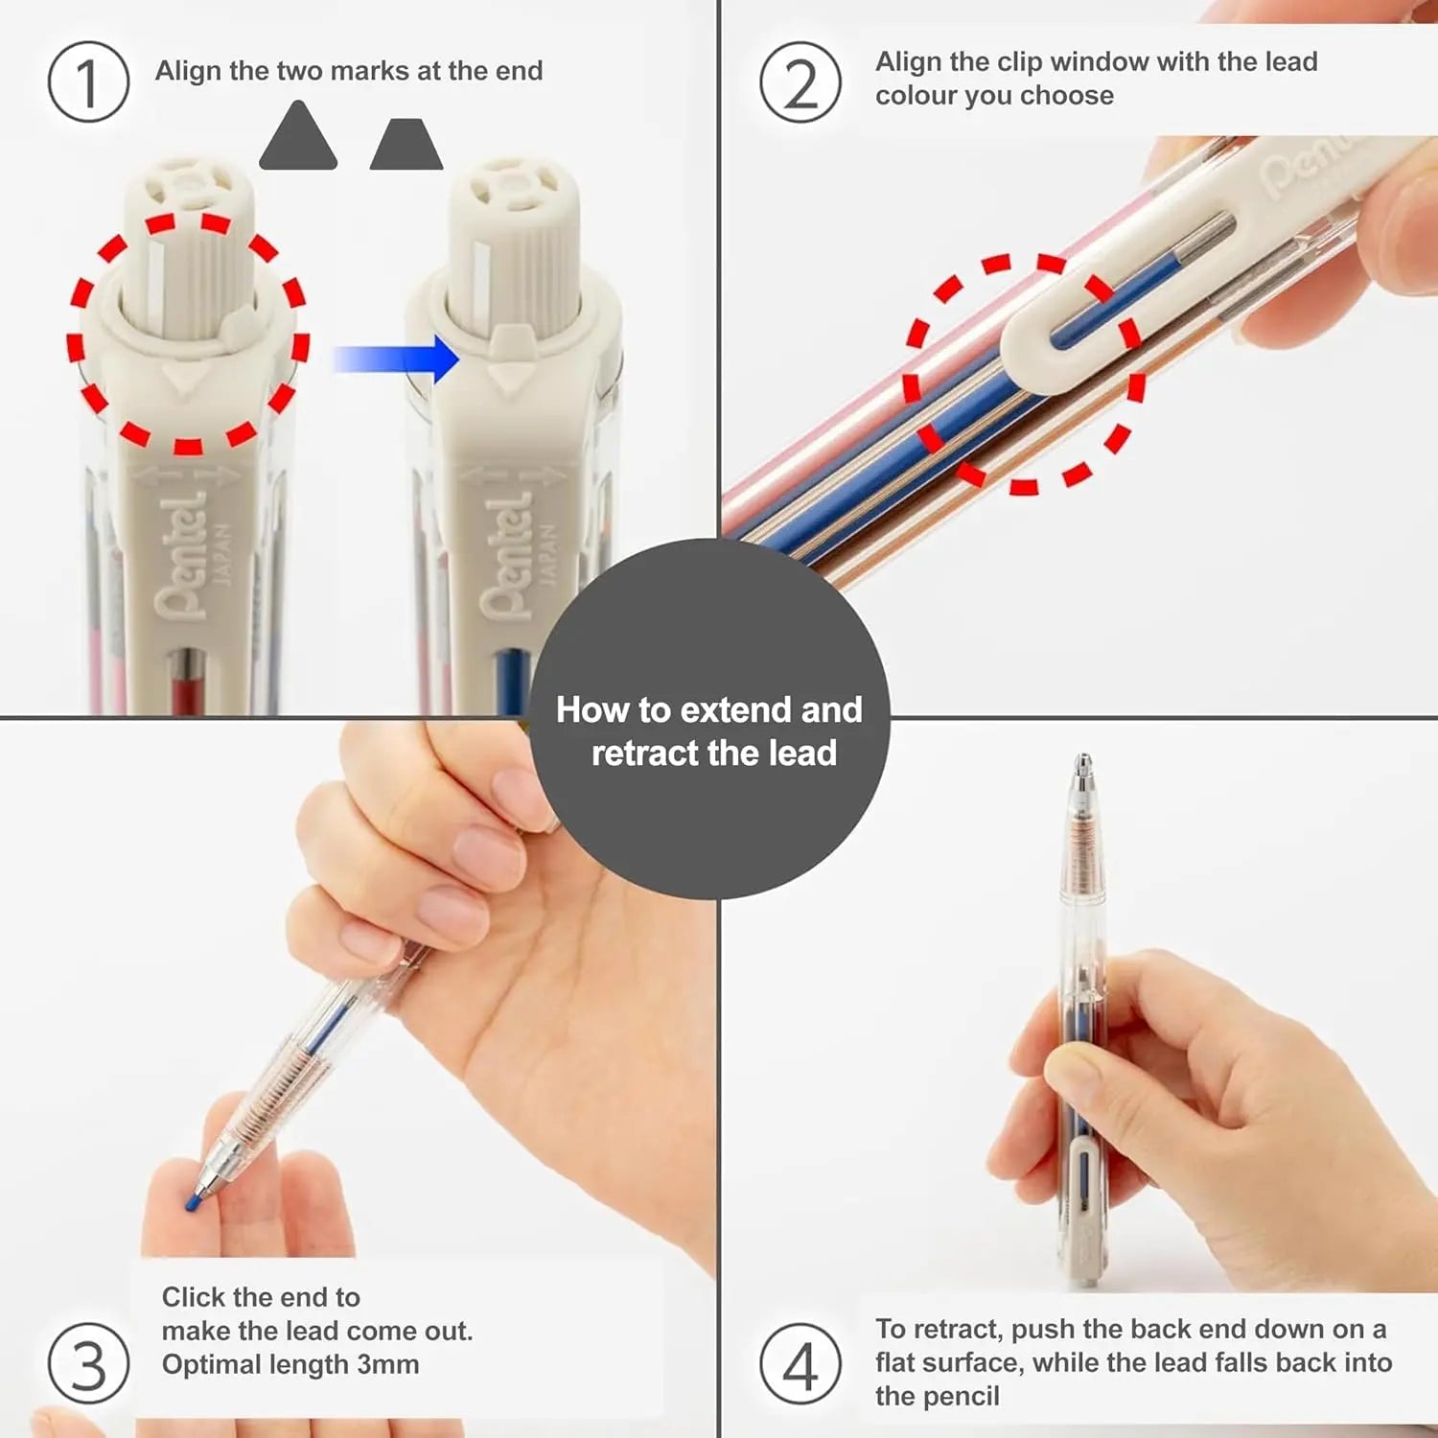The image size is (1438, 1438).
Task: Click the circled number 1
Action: [x=88, y=82]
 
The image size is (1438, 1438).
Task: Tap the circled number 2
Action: [x=800, y=82]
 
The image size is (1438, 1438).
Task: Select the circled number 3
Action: [x=88, y=1363]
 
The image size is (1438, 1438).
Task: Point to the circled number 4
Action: [x=800, y=1363]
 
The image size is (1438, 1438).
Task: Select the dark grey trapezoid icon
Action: [x=406, y=146]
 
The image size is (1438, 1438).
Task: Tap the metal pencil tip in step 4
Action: [x=1083, y=772]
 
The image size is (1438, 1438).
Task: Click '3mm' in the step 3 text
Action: [x=387, y=1364]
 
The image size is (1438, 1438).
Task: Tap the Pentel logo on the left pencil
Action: [x=182, y=556]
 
